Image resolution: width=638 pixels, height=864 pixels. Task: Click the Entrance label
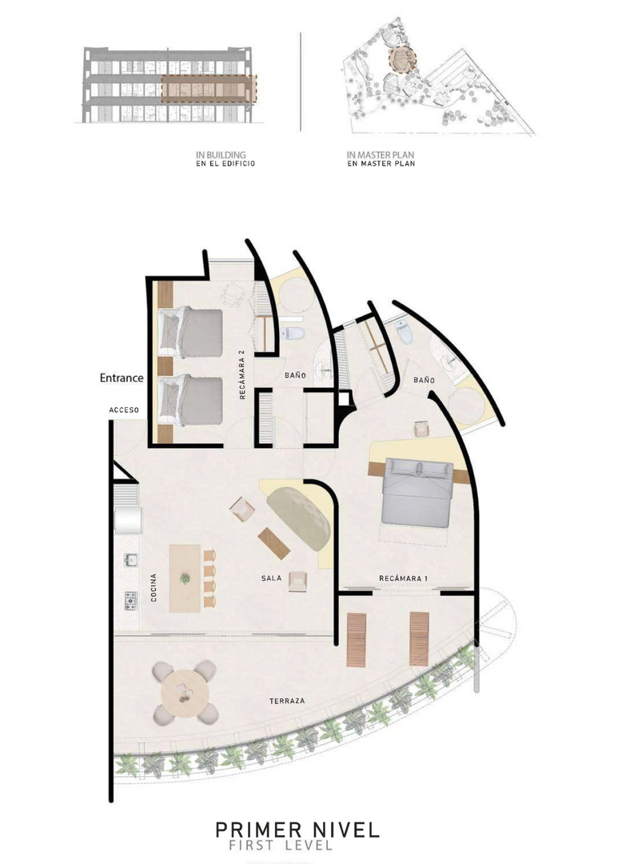122,378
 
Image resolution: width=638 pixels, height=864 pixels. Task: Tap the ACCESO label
124,410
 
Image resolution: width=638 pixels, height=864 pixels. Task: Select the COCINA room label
154,587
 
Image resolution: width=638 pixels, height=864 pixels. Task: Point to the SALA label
271,578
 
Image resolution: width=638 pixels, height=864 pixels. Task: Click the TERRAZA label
287,701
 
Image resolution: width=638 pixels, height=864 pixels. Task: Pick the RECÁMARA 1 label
404,578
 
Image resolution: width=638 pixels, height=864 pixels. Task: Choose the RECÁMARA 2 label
241,374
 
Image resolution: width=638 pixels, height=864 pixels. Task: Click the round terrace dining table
184,692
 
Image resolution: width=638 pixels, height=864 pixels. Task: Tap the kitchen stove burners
130,601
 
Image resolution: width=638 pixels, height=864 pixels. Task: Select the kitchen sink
130,560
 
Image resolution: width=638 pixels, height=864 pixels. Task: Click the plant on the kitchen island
185,578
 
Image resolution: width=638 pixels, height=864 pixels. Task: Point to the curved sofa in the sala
299,517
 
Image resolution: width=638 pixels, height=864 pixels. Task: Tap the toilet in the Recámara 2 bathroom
293,334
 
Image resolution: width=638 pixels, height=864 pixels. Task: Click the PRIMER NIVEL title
297,830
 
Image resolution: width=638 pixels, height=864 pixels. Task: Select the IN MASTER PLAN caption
381,155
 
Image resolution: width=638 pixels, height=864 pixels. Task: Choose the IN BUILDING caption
221,155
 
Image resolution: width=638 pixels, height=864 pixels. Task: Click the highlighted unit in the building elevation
209,89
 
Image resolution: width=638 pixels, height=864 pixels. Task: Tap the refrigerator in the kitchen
127,520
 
